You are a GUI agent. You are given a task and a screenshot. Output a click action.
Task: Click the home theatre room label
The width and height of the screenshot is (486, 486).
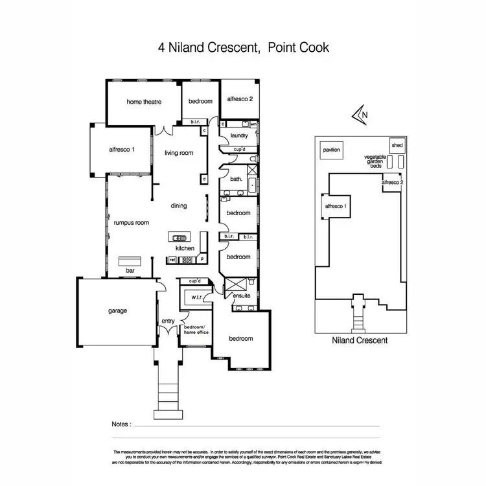[143, 102]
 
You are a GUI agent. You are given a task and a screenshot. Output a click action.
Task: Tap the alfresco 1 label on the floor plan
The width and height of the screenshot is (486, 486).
[122, 150]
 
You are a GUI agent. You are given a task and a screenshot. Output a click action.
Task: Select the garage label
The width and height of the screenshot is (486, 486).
[117, 310]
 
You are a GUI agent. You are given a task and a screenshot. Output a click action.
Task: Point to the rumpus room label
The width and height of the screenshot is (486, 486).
[132, 222]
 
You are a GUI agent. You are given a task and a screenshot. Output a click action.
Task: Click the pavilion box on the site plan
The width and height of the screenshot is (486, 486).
[330, 150]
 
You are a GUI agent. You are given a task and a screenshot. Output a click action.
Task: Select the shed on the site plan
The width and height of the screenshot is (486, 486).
[397, 145]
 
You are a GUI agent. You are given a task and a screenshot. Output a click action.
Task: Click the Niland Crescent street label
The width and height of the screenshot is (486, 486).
[359, 339]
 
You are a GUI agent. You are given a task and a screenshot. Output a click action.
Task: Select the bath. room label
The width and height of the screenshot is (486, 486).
[236, 179]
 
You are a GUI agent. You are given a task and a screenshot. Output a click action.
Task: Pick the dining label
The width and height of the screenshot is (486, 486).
[179, 206]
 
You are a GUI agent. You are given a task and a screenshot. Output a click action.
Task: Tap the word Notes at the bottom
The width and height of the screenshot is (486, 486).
[121, 424]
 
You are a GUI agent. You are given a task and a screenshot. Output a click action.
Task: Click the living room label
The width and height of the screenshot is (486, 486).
[179, 153]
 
